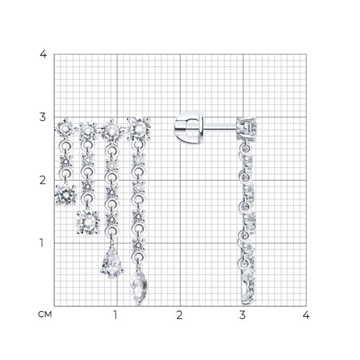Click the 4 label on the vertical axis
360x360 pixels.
[x=43, y=54]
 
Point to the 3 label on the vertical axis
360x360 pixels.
[x=42, y=117]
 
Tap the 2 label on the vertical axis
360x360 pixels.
[x=42, y=180]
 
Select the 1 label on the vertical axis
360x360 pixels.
[x=42, y=243]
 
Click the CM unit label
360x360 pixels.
[x=45, y=315]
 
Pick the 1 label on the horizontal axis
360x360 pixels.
[x=116, y=315]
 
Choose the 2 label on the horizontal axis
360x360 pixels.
[x=179, y=315]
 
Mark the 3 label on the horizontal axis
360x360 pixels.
[x=243, y=315]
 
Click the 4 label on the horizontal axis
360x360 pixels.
[x=306, y=315]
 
